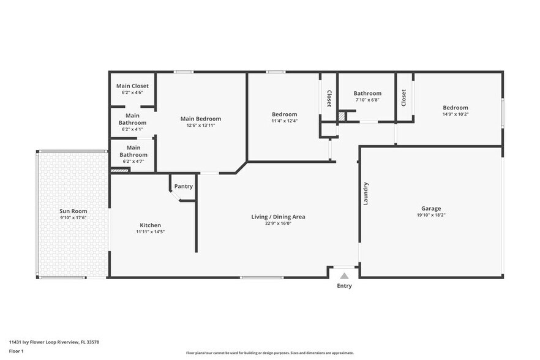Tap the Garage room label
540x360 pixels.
pyautogui.click(x=430, y=208)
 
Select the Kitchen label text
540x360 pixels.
pyautogui.click(x=150, y=225)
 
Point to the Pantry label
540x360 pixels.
pyautogui.click(x=183, y=186)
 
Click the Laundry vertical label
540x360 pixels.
pyautogui.click(x=366, y=193)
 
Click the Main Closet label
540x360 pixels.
pyautogui.click(x=132, y=86)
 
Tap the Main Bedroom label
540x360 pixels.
pyautogui.click(x=200, y=119)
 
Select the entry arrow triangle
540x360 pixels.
pyautogui.click(x=345, y=276)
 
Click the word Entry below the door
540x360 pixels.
pyautogui.click(x=345, y=286)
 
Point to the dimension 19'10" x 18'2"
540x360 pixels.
pyautogui.click(x=430, y=216)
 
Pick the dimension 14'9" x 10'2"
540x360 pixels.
pyautogui.click(x=456, y=114)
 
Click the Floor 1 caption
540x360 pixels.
pyautogui.click(x=16, y=351)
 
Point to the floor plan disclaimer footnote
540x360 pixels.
pyautogui.click(x=269, y=353)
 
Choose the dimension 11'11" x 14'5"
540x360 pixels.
pyautogui.click(x=150, y=232)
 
